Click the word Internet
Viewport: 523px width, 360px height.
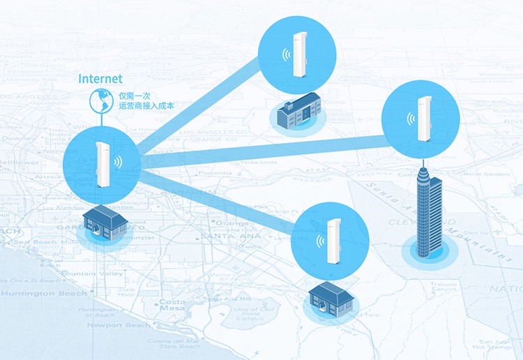coord(101,79)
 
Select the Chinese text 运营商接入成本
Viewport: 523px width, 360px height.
coord(146,106)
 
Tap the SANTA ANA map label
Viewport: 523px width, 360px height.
coord(221,237)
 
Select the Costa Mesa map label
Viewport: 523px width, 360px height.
coord(172,305)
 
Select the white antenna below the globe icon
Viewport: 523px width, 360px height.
coord(103,165)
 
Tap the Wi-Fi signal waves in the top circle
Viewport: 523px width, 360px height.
coord(285,55)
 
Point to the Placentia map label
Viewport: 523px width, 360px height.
coord(214,172)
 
